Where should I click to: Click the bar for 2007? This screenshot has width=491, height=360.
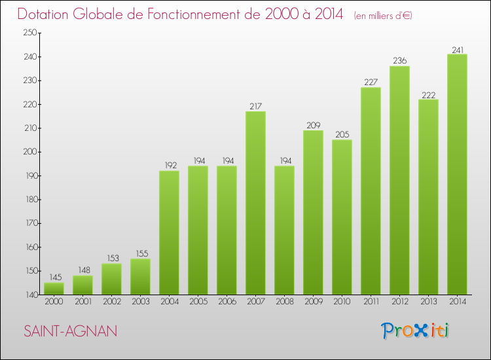tap(255, 203)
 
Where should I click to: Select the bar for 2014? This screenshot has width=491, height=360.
tap(457, 174)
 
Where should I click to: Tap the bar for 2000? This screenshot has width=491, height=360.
tap(54, 289)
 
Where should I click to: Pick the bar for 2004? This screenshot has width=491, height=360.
tap(169, 232)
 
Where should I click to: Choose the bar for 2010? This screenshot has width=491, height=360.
tap(342, 217)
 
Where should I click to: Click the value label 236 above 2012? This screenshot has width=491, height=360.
tap(399, 61)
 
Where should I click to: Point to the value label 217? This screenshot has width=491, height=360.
tap(255, 106)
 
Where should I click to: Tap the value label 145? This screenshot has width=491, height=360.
tap(54, 277)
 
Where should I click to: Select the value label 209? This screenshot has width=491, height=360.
tap(313, 125)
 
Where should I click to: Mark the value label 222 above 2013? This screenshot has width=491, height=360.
tap(428, 94)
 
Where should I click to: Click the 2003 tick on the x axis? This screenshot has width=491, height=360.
tap(140, 301)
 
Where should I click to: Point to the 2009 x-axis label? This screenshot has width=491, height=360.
tap(313, 301)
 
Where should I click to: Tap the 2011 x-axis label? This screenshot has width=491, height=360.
tap(371, 301)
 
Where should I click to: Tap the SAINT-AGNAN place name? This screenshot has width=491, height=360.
tap(71, 332)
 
